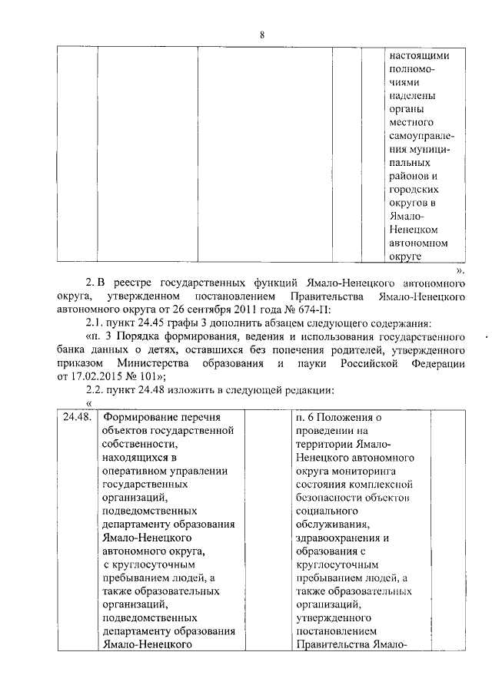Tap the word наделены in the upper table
pyautogui.click(x=413, y=96)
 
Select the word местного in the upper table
pyautogui.click(x=413, y=123)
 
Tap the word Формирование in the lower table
pyautogui.click(x=137, y=419)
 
